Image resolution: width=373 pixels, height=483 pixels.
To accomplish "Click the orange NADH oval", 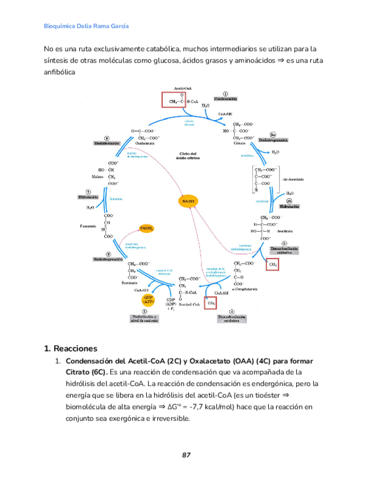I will tap(188, 201).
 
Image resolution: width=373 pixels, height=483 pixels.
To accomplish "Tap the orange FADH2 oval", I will tap(147, 228).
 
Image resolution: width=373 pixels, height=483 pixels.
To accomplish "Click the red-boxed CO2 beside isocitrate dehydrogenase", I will tap(273, 264).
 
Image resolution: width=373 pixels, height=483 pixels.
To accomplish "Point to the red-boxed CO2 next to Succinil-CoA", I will tap(212, 304).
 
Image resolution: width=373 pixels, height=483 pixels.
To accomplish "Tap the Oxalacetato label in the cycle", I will tap(145, 144).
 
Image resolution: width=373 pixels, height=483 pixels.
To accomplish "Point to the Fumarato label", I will tap(88, 226).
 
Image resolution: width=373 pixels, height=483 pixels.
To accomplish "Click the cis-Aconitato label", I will tap(293, 179).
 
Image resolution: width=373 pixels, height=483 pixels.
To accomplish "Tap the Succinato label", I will tap(129, 283).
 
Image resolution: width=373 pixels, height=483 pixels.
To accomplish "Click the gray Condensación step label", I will tap(226, 99).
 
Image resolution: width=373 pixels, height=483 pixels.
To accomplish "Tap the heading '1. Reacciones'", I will tap(71, 348).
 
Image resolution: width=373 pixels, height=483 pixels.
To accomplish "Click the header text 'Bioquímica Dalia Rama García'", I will tap(86, 26).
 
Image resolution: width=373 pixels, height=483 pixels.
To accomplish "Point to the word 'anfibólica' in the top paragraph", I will tap(59, 72).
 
